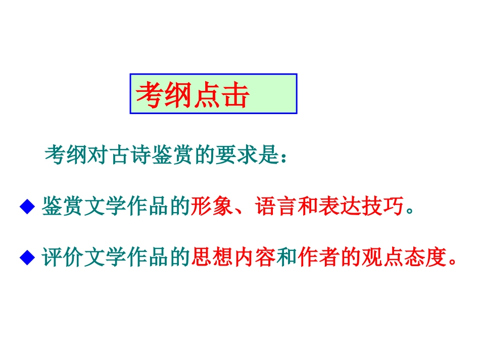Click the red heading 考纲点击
193,94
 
